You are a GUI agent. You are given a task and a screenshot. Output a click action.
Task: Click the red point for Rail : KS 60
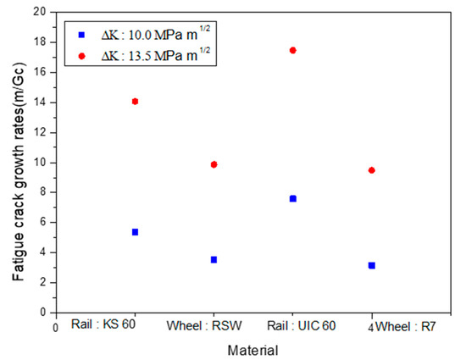tap(135, 102)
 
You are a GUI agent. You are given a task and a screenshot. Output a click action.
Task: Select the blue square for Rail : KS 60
tap(135, 232)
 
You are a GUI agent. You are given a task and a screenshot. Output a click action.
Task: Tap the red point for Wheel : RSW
tap(214, 164)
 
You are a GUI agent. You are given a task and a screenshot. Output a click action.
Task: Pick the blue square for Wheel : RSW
tap(214, 259)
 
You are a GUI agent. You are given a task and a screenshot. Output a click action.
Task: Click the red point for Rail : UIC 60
tap(293, 50)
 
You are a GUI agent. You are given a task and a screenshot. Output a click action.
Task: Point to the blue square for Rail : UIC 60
tap(293, 198)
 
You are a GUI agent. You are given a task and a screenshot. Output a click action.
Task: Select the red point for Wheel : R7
tap(372, 170)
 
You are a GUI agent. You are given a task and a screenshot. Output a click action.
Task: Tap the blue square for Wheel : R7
tap(372, 265)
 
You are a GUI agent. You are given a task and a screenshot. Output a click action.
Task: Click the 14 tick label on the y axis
tap(38, 102)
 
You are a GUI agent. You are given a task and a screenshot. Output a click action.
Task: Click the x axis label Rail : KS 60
tap(104, 324)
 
